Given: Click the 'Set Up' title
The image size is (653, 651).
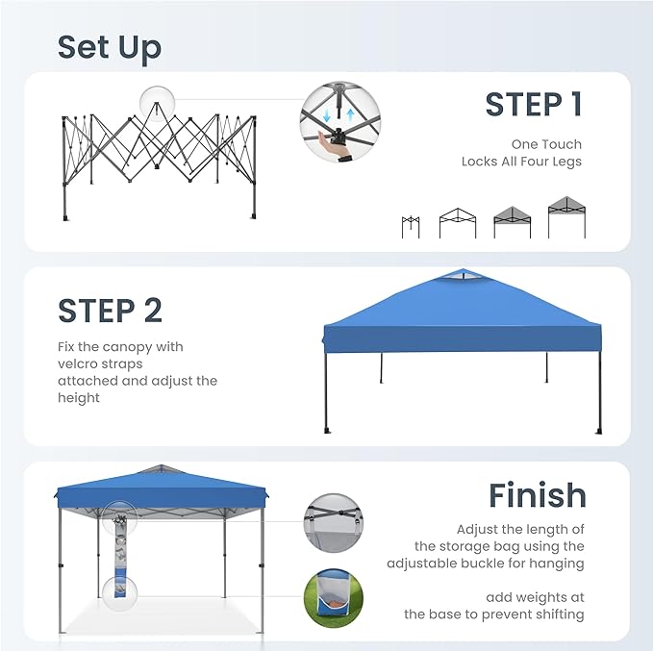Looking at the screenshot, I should click(109, 47).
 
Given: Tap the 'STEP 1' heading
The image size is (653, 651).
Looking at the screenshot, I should click(534, 105).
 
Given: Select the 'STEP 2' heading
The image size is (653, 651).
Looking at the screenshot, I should click(110, 311).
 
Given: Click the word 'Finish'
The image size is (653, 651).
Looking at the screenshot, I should click(537, 495).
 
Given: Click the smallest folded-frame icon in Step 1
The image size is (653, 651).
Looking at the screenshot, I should click(411, 226).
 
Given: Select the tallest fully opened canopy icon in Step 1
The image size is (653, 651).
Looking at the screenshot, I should click(567, 216).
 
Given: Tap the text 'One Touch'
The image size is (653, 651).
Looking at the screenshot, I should click(546, 144).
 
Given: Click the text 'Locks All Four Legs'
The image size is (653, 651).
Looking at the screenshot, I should click(521, 162).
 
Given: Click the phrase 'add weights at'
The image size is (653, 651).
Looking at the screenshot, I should click(535, 596).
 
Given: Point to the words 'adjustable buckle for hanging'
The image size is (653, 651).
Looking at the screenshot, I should click(486, 563).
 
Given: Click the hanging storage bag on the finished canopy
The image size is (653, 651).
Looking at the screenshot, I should click(119, 558).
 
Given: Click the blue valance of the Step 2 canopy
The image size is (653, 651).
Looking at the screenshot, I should click(462, 338).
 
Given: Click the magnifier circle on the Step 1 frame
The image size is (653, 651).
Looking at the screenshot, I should click(158, 102).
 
